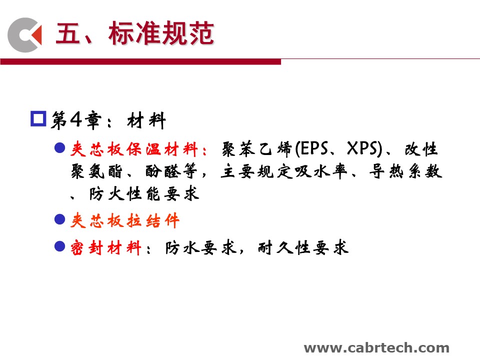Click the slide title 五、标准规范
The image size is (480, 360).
[x=134, y=33]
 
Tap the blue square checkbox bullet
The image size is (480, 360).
[x=38, y=118]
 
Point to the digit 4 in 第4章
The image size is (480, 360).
[x=75, y=119]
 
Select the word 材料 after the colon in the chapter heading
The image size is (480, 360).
[x=146, y=120]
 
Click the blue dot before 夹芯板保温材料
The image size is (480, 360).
[x=59, y=148]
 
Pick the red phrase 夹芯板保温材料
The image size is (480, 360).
[x=134, y=149]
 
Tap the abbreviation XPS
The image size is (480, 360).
[x=363, y=148]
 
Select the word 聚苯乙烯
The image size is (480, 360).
[x=257, y=149]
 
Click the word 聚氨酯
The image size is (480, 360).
[x=96, y=171]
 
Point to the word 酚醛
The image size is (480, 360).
[x=163, y=171]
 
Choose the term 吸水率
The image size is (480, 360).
[x=321, y=171]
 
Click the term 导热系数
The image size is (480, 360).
[x=405, y=171]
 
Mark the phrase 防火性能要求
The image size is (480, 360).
[x=144, y=194]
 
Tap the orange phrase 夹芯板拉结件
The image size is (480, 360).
[x=125, y=220]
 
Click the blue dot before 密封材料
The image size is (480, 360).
[x=59, y=246]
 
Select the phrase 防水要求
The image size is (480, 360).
[x=201, y=247]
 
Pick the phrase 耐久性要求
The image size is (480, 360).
[x=303, y=247]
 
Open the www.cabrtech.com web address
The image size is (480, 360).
[x=376, y=348]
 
